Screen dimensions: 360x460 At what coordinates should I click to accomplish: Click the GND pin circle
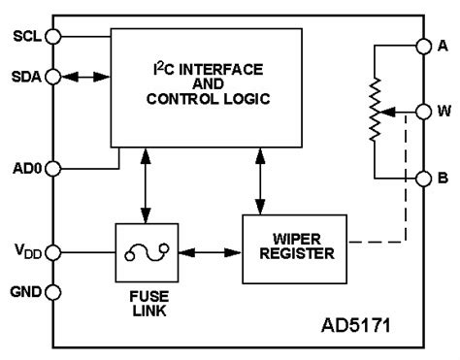pos(53,291)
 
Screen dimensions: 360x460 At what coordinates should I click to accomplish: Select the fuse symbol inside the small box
pos(144,252)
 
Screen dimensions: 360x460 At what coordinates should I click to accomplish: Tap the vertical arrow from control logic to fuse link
pos(144,184)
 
